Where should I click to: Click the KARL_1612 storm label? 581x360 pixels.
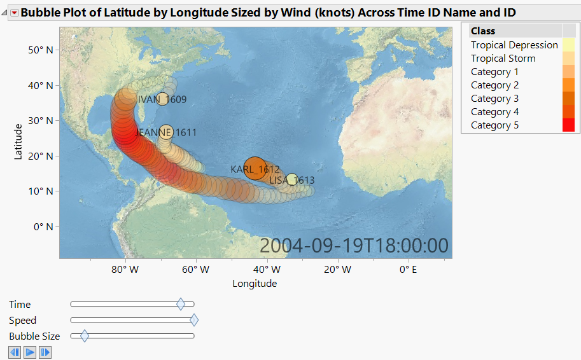pos(255,169)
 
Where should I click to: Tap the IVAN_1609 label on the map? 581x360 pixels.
pos(162,99)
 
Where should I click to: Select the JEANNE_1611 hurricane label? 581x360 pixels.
pos(166,133)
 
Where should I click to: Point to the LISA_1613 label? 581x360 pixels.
pos(292,181)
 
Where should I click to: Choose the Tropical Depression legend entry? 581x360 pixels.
pos(514,45)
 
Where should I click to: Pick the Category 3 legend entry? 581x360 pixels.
pos(494,99)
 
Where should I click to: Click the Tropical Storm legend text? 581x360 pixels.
pos(503,59)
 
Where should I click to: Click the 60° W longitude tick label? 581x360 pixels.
pos(196,270)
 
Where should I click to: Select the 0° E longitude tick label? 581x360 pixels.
pos(408,270)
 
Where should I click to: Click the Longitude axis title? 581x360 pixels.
pos(255,284)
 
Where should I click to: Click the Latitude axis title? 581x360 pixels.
pos(18,141)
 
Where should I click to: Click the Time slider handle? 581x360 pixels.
pos(181,305)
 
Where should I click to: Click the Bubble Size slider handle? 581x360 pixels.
pos(84,336)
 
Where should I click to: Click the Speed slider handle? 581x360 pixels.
pos(194,321)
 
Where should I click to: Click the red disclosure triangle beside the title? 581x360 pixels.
pos(14,13)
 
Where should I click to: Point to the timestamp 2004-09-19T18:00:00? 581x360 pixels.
pos(354,246)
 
